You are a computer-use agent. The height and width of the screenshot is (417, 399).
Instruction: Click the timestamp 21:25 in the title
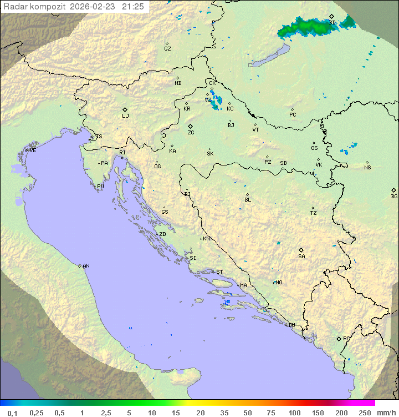click(133, 6)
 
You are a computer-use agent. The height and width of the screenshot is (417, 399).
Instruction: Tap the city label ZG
click(191, 133)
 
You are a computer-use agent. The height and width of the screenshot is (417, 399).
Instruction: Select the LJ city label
click(125, 116)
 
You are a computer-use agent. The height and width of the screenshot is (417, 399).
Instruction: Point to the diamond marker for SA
click(301, 250)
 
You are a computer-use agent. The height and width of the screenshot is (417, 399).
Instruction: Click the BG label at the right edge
click(394, 196)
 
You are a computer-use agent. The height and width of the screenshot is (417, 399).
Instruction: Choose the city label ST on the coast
click(219, 272)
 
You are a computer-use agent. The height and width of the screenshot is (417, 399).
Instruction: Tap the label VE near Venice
click(33, 150)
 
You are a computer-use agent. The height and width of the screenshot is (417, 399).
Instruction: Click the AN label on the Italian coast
click(86, 266)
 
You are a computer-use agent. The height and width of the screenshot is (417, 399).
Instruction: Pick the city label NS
click(367, 167)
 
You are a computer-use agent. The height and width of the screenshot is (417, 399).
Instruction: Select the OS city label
click(314, 148)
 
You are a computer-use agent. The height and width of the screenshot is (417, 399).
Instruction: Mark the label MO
click(279, 283)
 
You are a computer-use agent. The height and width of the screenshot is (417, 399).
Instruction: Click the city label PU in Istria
click(100, 187)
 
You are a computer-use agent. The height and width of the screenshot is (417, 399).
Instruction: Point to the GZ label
click(167, 49)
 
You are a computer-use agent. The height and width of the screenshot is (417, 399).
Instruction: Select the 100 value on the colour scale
click(294, 413)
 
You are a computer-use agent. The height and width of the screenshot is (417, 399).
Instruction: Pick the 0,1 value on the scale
click(12, 413)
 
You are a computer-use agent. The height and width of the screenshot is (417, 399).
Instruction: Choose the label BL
click(248, 199)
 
